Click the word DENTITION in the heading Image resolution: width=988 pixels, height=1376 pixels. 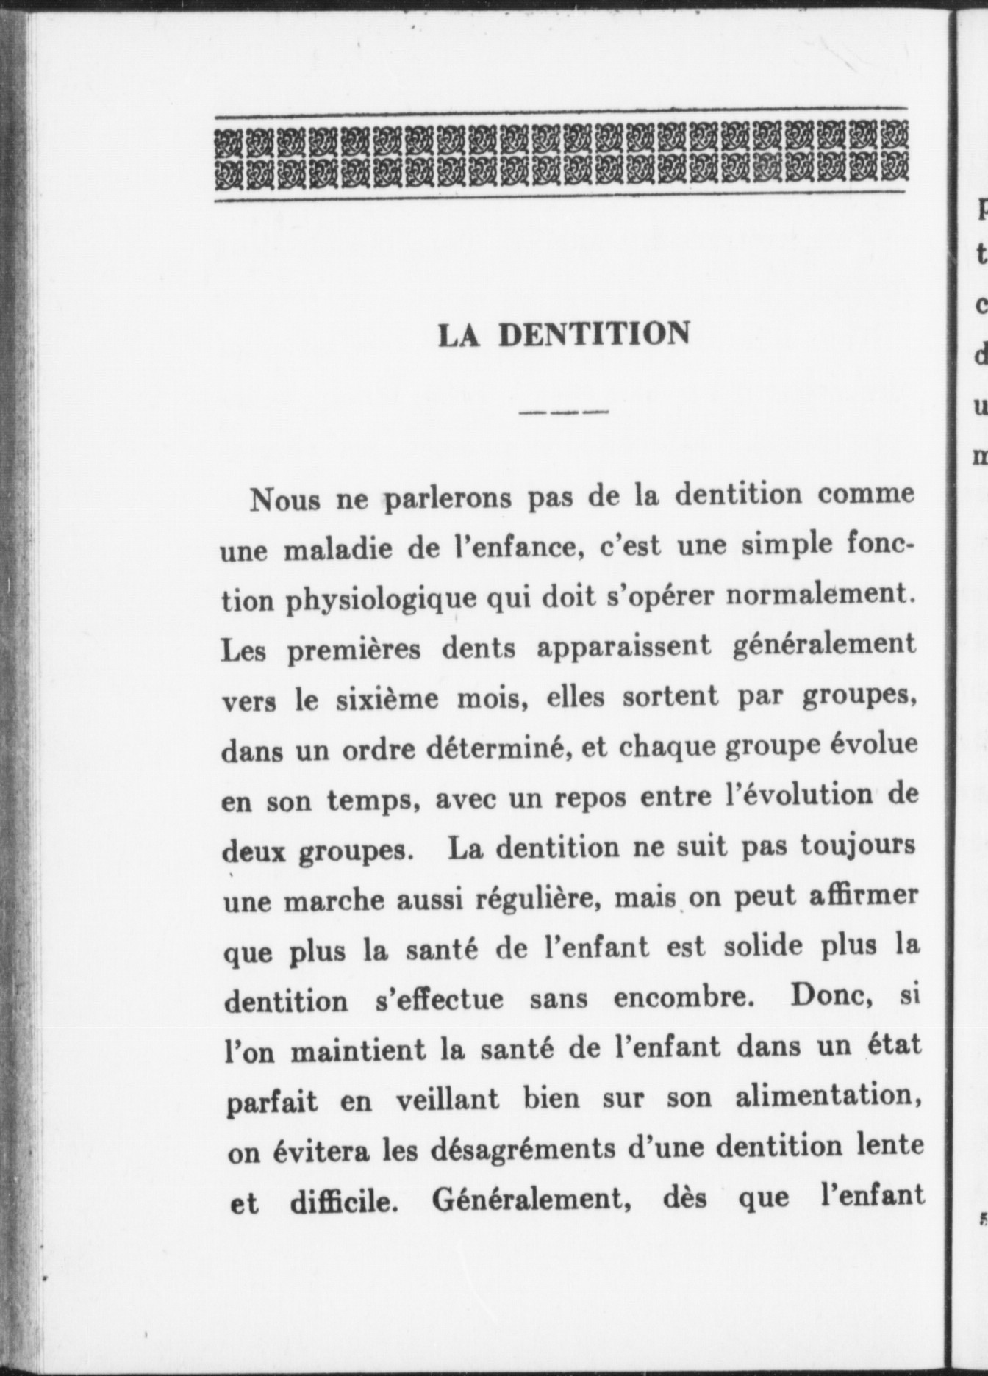click(594, 334)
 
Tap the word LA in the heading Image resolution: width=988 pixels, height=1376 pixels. click(459, 336)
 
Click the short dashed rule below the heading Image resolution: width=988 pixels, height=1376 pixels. click(564, 412)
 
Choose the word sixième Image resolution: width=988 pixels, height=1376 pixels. click(387, 699)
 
